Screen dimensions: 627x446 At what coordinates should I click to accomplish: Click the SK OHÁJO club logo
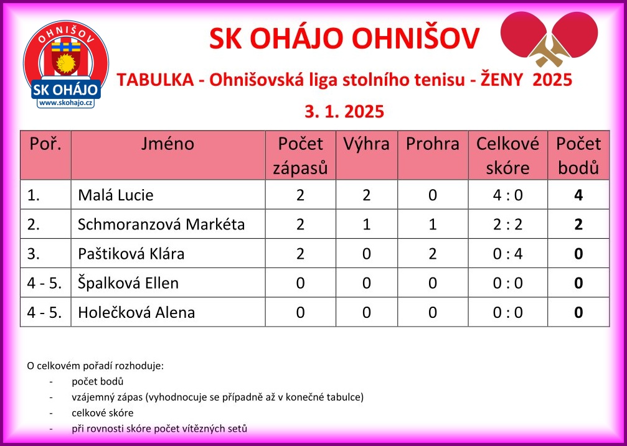[x=66, y=64]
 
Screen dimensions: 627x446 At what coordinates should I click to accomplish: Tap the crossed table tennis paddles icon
[x=549, y=39]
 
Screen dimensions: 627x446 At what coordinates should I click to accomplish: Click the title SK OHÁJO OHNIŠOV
[x=344, y=39]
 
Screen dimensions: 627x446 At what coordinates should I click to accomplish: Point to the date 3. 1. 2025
[x=344, y=111]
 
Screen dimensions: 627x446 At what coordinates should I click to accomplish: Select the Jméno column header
[x=167, y=144]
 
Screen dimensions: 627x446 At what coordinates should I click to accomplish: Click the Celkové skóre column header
[x=507, y=156]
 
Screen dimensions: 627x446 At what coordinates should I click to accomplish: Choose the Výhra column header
[x=366, y=144]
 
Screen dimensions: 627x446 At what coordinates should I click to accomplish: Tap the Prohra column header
[x=433, y=144]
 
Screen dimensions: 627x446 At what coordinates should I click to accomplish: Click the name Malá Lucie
[x=116, y=195]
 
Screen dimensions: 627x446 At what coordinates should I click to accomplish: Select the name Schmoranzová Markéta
[x=161, y=224]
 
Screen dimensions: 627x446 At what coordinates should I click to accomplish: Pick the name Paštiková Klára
[x=131, y=253]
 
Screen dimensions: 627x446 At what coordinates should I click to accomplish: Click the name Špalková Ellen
[x=128, y=283]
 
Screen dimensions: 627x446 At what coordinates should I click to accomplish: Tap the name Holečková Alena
[x=136, y=312]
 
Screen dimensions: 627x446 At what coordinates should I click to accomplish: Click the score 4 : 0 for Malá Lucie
[x=508, y=195]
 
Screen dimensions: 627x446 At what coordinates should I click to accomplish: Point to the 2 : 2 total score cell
[x=508, y=224]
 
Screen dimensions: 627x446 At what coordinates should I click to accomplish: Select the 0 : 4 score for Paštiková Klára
[x=508, y=253]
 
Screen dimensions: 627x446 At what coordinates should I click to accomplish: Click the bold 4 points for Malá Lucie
[x=578, y=195]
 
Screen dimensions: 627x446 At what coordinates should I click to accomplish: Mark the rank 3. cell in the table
[x=34, y=253]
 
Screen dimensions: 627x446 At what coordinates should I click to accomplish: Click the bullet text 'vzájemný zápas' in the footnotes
[x=108, y=397]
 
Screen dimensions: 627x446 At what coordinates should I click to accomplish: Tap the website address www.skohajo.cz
[x=66, y=103]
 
